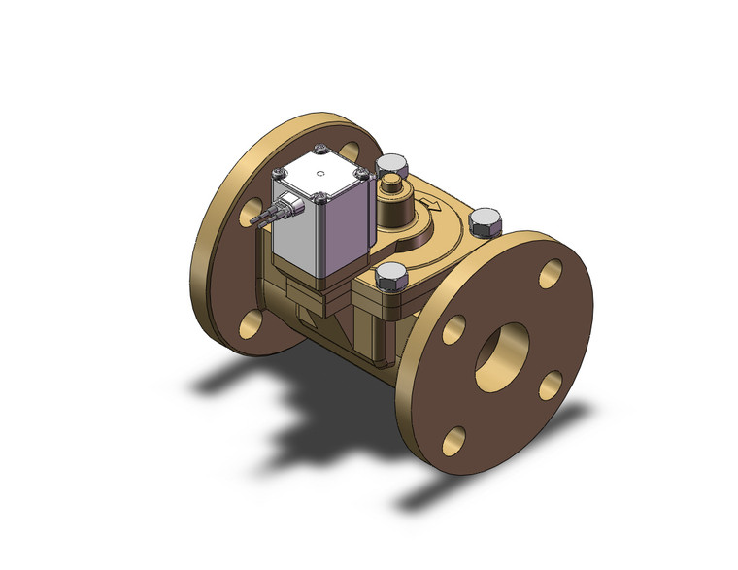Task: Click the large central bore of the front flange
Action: click(x=500, y=351)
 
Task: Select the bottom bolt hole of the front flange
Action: click(x=453, y=441)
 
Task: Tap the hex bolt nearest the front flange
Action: click(x=390, y=277)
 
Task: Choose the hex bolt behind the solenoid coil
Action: click(x=391, y=165)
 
